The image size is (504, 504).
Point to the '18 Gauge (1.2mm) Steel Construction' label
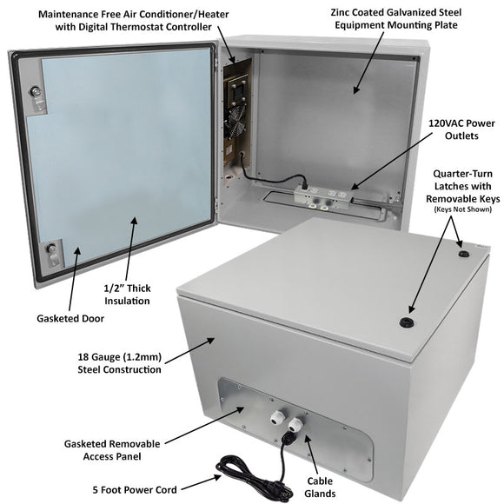(x=120, y=362)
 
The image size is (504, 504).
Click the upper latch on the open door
(x=35, y=94)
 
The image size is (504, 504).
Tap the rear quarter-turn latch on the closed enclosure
(x=462, y=255)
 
